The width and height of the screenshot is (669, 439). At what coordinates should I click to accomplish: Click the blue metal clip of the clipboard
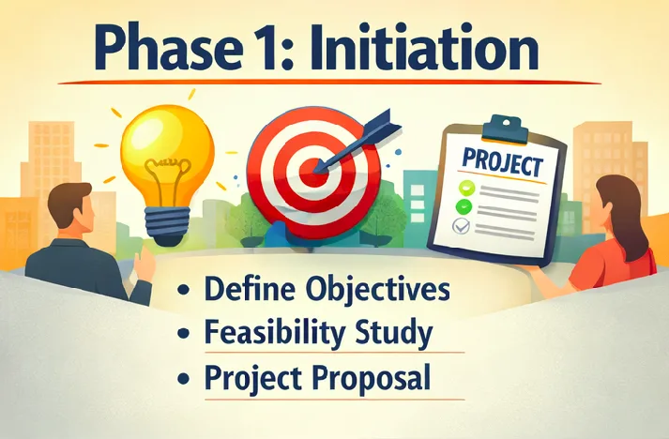[503, 126]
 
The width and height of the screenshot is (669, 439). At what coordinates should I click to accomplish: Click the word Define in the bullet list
[246, 288]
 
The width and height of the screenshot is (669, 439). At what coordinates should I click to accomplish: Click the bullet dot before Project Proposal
[188, 380]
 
